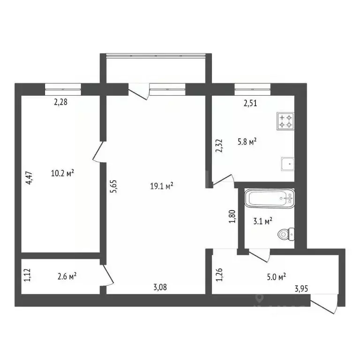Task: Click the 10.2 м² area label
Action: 63,173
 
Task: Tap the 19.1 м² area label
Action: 162,186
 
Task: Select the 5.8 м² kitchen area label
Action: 246,141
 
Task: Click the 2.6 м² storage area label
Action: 66,276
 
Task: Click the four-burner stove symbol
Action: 285,121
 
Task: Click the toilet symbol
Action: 285,233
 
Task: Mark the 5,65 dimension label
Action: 112,189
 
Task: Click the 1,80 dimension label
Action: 231,217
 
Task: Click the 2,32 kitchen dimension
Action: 218,146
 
